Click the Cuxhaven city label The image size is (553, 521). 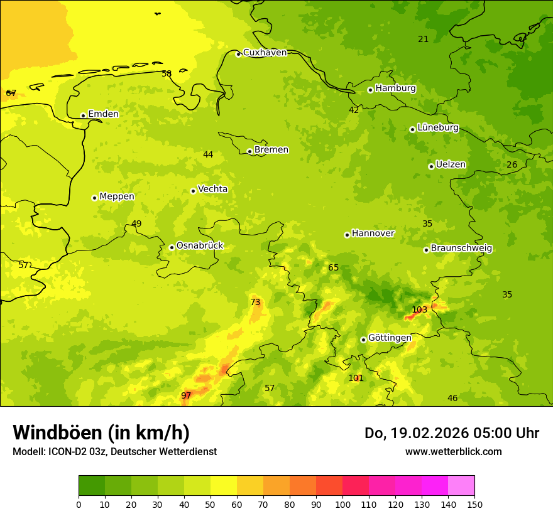[265, 53]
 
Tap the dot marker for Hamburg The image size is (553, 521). [370, 90]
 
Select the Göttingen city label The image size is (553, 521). [390, 338]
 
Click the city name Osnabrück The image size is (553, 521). [200, 245]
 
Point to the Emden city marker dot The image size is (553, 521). [83, 115]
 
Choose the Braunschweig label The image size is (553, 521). [461, 248]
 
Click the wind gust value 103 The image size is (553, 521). [419, 309]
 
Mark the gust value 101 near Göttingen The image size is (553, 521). [356, 378]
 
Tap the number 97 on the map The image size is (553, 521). [186, 395]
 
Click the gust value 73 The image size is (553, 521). [255, 302]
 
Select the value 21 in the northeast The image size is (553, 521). [424, 39]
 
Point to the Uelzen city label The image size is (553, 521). [451, 164]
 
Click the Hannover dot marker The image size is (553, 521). [347, 235]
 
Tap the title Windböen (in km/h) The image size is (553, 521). [101, 432]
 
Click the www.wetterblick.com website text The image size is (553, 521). [453, 451]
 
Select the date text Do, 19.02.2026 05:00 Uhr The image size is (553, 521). [451, 433]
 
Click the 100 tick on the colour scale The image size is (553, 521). [342, 504]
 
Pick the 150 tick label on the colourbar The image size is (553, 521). [474, 504]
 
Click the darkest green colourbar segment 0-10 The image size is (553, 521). [92, 486]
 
